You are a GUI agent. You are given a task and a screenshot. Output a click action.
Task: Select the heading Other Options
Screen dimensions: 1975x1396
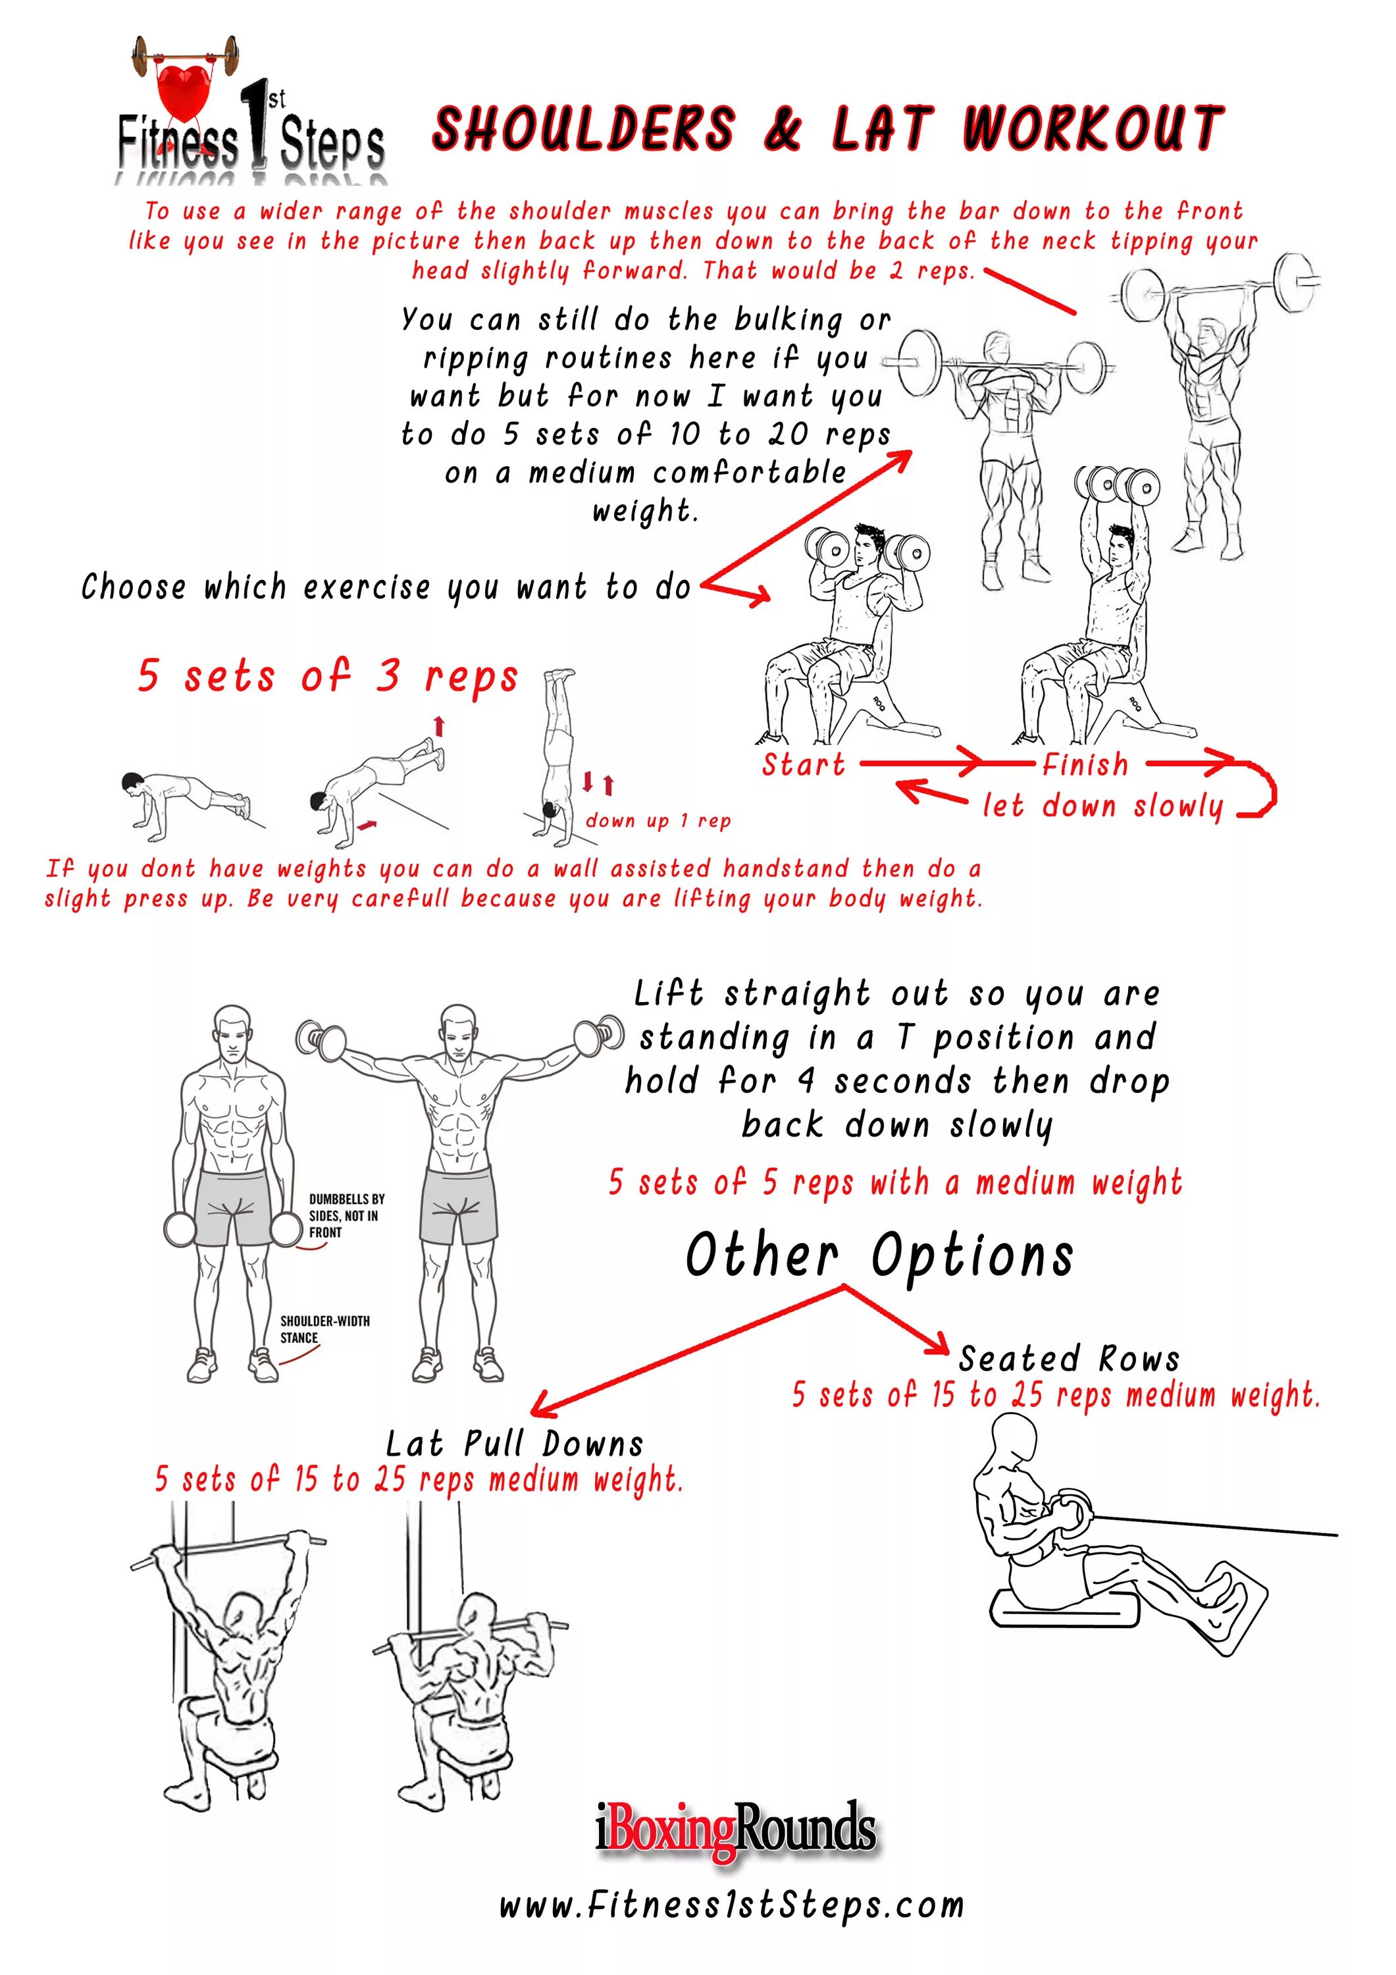[x=879, y=1256]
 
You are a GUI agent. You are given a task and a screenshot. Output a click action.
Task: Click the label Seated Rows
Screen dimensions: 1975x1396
[x=1068, y=1359]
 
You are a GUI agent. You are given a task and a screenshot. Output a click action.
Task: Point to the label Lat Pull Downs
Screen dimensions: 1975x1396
[x=514, y=1444]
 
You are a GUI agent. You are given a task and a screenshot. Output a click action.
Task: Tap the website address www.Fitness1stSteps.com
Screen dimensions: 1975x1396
[x=731, y=1905]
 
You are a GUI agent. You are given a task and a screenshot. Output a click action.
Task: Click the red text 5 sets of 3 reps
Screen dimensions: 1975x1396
[x=328, y=676]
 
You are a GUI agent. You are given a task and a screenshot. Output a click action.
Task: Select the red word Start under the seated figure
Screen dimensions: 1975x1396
[x=804, y=764]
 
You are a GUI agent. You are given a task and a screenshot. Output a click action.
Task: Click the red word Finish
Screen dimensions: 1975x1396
[x=1085, y=764]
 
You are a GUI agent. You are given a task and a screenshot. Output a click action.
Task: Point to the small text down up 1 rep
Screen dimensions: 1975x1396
[x=658, y=821]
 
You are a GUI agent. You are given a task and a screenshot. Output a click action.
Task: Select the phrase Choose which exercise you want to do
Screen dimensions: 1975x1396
[x=386, y=587]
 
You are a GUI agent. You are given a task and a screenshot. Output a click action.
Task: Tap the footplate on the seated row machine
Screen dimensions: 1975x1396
[x=1233, y=1607]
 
